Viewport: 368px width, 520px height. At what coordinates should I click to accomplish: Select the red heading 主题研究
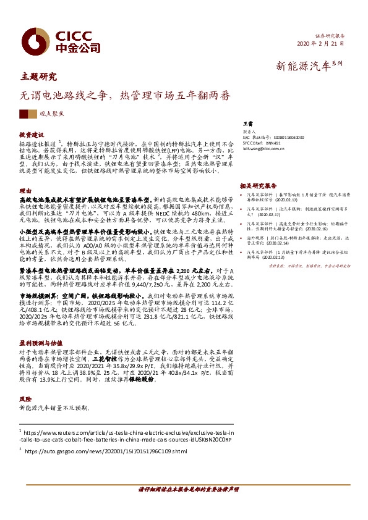38,77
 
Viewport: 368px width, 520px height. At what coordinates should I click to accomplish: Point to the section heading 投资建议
32,134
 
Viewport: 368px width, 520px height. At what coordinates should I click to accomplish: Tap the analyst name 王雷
248,124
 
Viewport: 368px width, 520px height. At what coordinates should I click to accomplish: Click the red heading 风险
25,400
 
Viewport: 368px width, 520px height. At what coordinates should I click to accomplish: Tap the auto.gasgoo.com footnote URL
106,452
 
